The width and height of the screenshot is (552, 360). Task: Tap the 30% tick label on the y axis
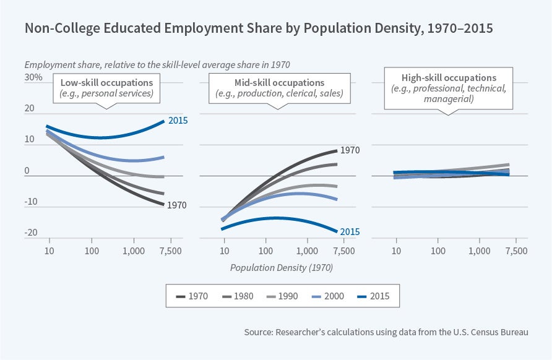(33, 77)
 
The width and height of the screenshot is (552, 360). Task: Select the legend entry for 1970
(192, 296)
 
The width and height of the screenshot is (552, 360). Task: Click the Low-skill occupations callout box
(107, 88)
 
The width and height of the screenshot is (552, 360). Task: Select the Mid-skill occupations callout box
(280, 88)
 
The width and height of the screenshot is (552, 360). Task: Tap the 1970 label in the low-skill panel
(176, 205)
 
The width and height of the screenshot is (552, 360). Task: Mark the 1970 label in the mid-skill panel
(350, 149)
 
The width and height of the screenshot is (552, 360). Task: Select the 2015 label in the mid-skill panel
(350, 232)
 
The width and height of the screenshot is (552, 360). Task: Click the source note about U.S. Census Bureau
(386, 332)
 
